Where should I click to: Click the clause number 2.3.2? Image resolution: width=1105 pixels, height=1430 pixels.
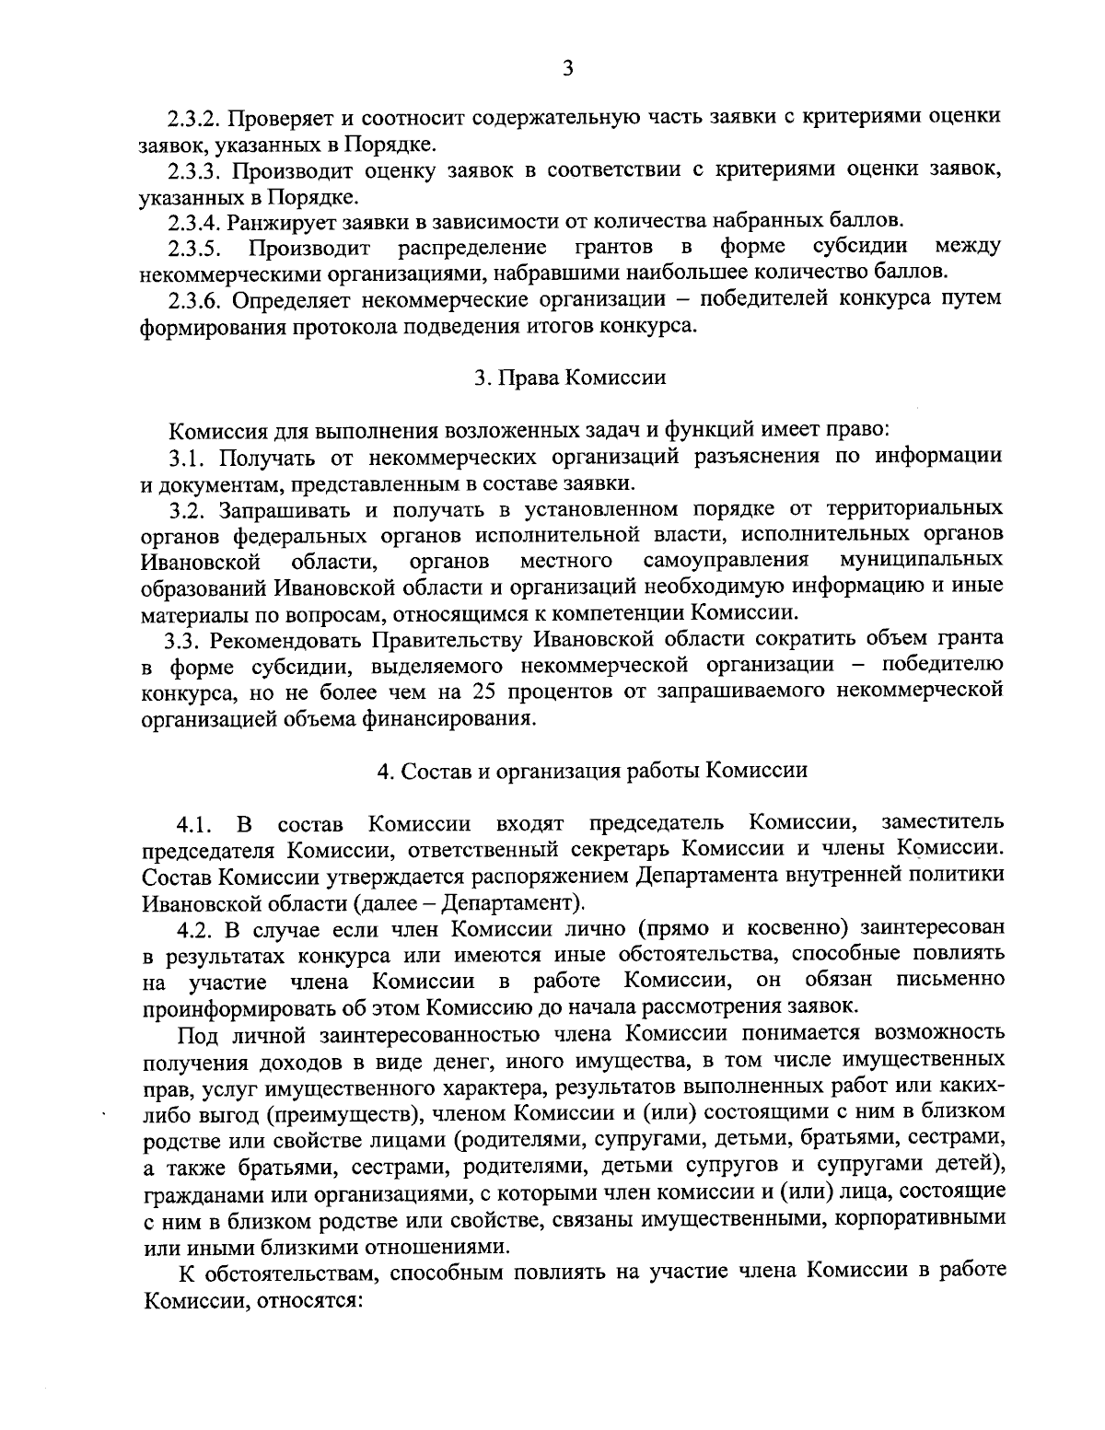point(195,119)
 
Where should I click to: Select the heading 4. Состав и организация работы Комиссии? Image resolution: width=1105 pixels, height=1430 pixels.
point(592,771)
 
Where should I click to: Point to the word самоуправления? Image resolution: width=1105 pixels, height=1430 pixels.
point(726,560)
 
